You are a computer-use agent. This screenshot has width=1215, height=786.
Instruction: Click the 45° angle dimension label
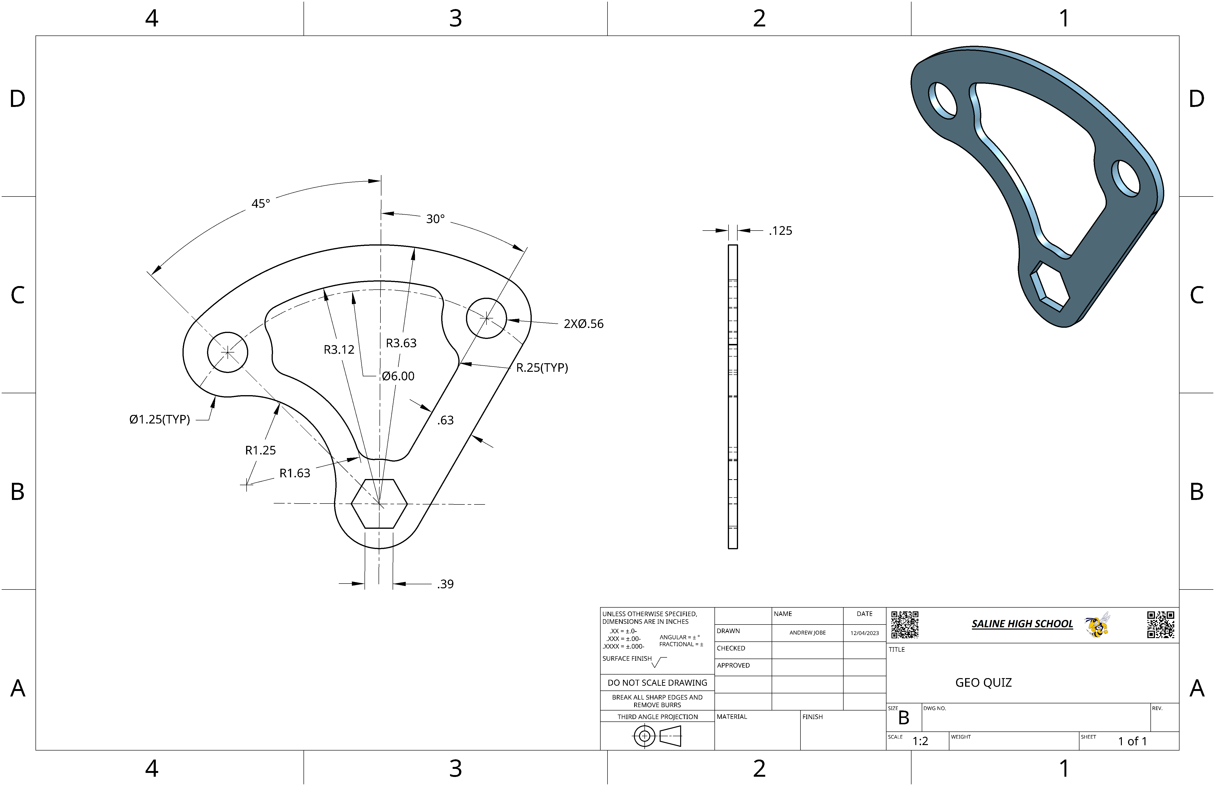(260, 204)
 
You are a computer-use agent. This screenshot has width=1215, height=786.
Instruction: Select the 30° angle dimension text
(435, 219)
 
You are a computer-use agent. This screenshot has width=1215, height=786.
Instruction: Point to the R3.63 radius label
(401, 343)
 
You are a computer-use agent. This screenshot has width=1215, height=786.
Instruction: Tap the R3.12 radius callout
(339, 350)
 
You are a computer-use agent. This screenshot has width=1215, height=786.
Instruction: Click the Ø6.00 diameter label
(398, 376)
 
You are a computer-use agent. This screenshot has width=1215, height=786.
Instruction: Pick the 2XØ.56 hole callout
(583, 324)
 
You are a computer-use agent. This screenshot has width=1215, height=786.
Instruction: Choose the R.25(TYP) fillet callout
(542, 368)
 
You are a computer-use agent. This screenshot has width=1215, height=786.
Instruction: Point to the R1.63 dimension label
(294, 473)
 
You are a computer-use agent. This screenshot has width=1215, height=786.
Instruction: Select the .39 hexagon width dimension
(445, 584)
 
